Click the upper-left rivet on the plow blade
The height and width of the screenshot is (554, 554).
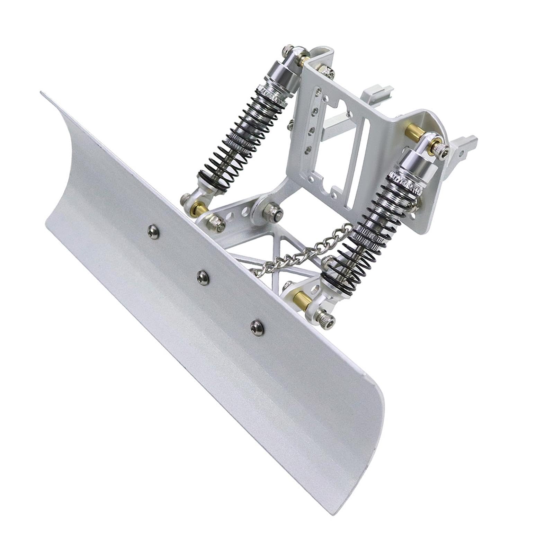pos(153,232)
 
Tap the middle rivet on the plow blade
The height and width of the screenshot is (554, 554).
pos(203,277)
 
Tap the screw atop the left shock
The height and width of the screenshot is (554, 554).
pos(288,50)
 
